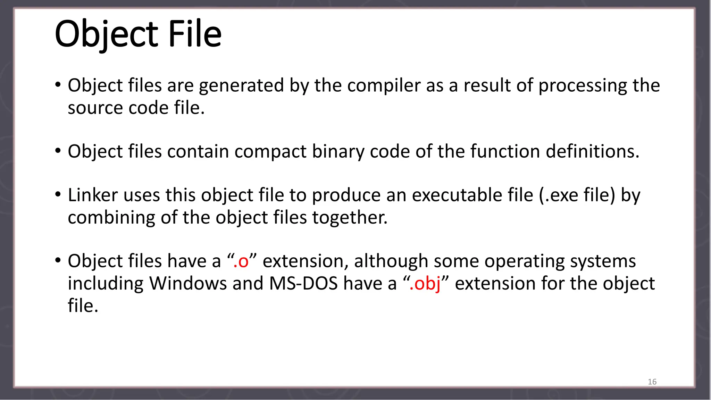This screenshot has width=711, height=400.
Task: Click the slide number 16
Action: click(x=652, y=382)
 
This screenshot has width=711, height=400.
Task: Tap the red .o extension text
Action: click(x=241, y=261)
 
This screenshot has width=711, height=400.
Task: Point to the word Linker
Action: click(x=93, y=195)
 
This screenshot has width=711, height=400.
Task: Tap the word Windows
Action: click(x=188, y=284)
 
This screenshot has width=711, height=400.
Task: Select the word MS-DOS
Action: click(x=303, y=284)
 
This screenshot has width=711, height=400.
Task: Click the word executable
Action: click(x=472, y=195)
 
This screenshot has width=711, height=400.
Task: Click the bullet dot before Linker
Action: click(x=58, y=194)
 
